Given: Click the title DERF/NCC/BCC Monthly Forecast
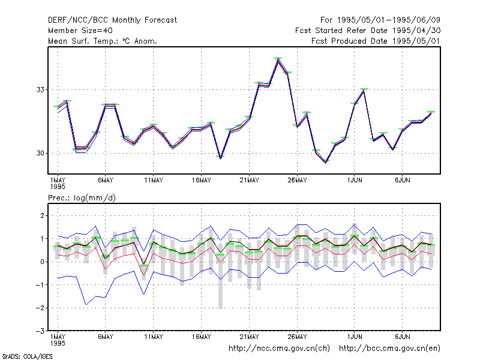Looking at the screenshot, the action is click(x=112, y=20).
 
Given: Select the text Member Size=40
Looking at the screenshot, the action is click(x=80, y=31).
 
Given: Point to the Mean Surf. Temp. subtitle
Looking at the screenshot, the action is click(x=103, y=41).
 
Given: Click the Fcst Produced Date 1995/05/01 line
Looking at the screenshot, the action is click(x=376, y=41).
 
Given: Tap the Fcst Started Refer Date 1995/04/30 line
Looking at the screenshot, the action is click(x=368, y=31).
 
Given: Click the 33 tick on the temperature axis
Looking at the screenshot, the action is click(x=40, y=89).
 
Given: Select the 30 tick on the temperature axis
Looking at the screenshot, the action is click(x=40, y=153).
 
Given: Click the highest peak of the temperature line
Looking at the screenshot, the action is click(x=278, y=59).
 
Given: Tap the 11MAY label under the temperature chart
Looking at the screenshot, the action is click(x=154, y=181).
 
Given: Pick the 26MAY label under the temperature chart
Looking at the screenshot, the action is click(x=297, y=181).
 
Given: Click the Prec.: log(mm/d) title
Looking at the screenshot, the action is click(x=82, y=198).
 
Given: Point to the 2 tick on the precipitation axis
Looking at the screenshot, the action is click(x=42, y=215).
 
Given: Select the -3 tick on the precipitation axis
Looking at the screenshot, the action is click(x=40, y=331).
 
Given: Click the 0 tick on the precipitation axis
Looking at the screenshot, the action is click(x=42, y=262).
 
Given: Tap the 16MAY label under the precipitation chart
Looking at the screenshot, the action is click(x=201, y=337).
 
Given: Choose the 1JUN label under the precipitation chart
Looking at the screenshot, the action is click(x=355, y=337).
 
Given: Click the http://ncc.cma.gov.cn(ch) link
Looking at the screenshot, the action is click(x=279, y=349).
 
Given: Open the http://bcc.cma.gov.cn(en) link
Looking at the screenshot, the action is click(x=389, y=349).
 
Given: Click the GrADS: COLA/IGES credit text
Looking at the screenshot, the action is click(x=27, y=356).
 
